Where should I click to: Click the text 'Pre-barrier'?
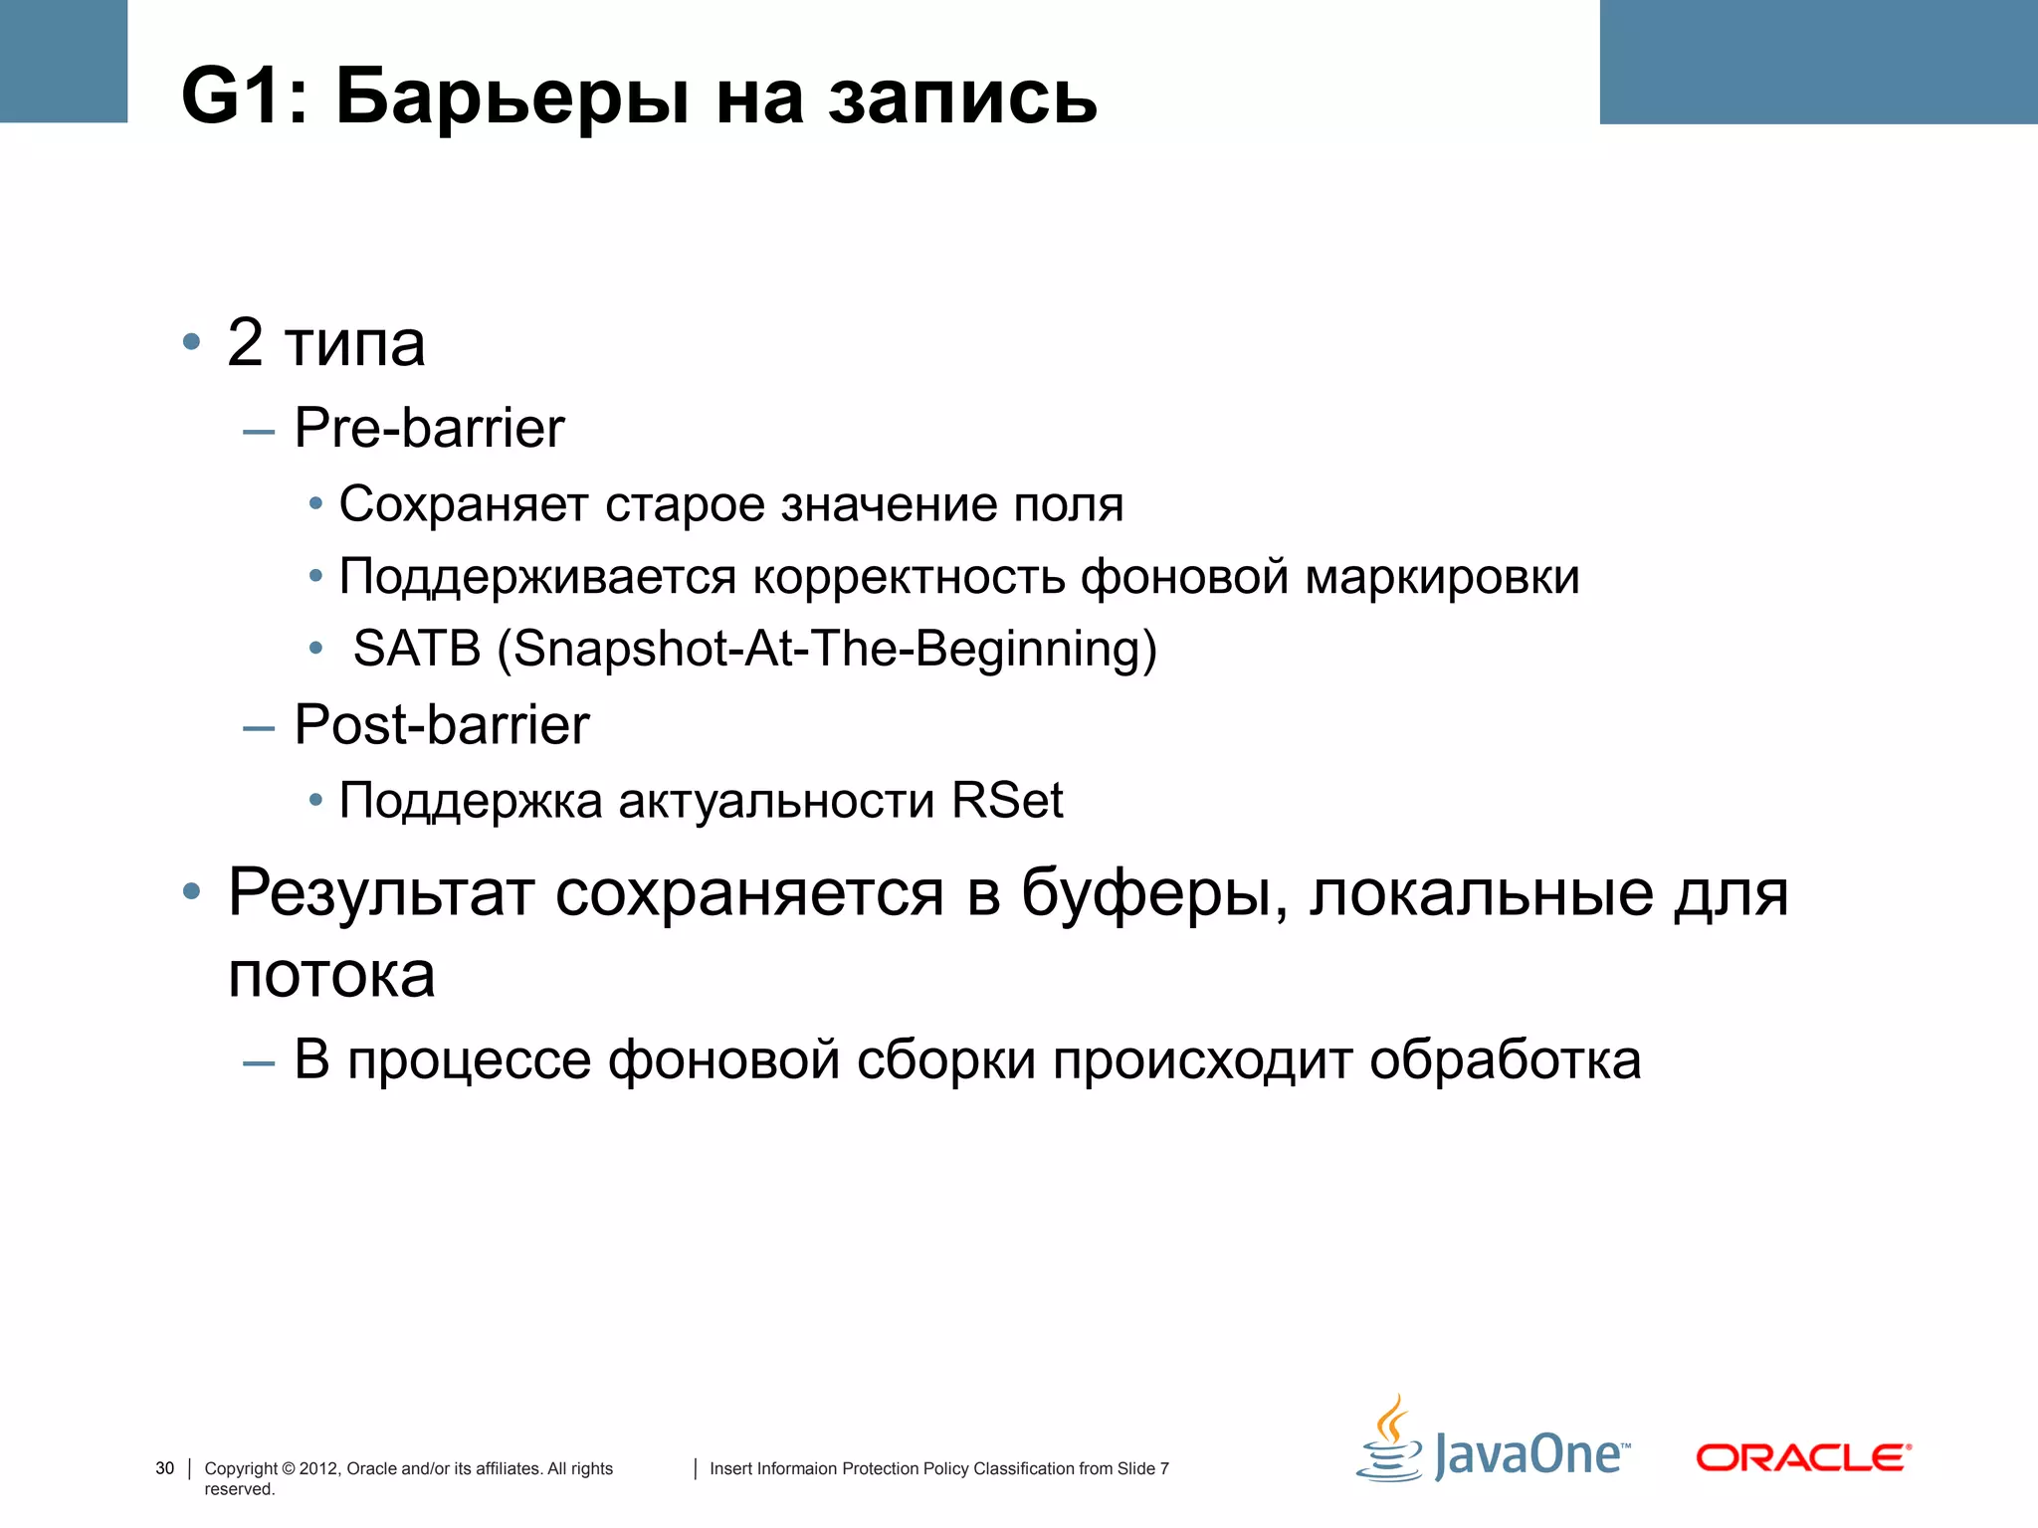[x=429, y=429]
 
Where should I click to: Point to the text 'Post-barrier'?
[x=442, y=724]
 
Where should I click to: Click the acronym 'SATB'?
[x=417, y=649]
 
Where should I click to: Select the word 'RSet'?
[x=1006, y=801]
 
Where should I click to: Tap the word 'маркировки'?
[x=1442, y=577]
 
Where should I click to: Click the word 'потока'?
[x=331, y=974]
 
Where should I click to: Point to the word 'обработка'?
[x=1505, y=1059]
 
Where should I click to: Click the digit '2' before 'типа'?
[x=245, y=343]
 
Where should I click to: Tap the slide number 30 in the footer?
[x=165, y=1468]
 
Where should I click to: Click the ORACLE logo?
[x=1802, y=1458]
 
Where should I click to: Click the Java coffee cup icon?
[x=1390, y=1441]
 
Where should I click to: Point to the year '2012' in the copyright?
[x=318, y=1468]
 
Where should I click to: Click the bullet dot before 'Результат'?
[x=192, y=891]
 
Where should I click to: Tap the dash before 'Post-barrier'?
[x=259, y=728]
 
